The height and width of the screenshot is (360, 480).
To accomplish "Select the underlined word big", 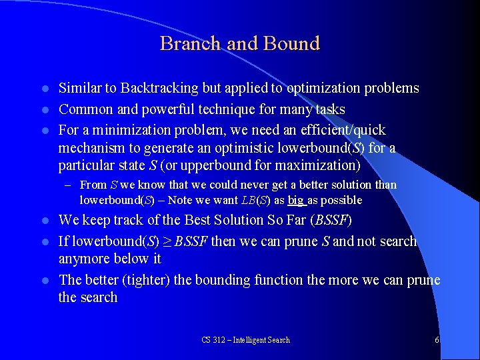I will point(296,200).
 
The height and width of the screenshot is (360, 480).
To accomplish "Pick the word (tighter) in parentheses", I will point(145,279).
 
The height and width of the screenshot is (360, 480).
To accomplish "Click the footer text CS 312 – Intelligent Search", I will point(245,340).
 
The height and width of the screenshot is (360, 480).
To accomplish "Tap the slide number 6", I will point(437,340).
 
